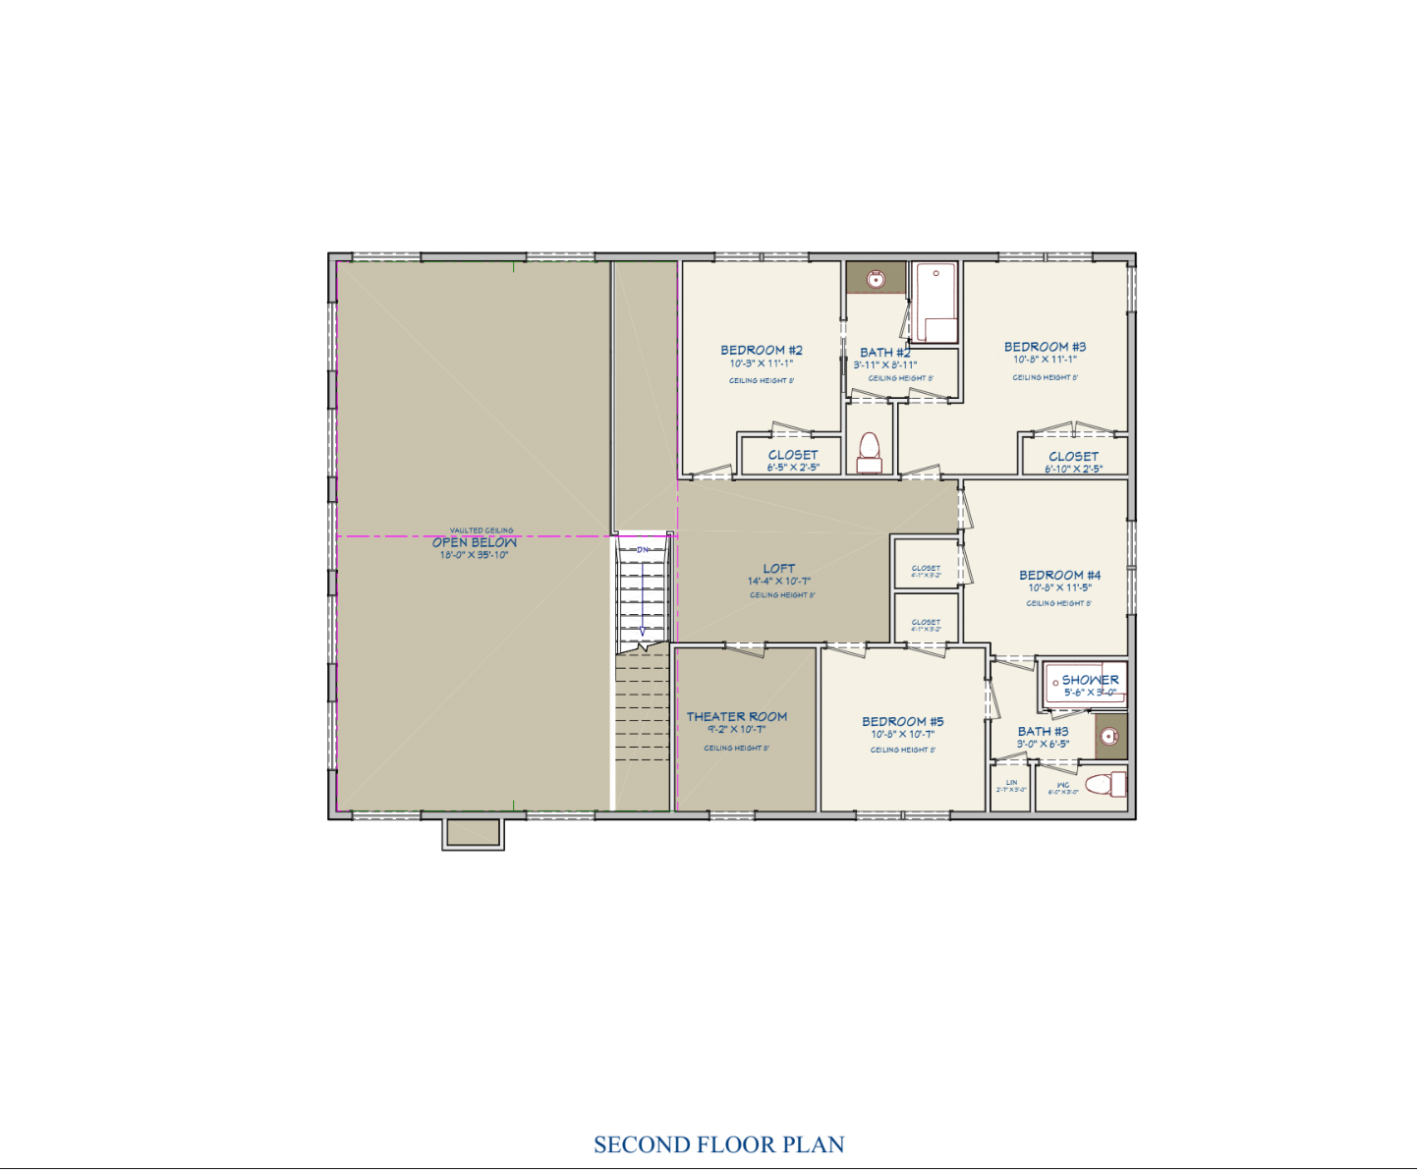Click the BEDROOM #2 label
pyautogui.click(x=762, y=351)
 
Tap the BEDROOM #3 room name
pyautogui.click(x=1045, y=347)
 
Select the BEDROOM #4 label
pyautogui.click(x=1059, y=575)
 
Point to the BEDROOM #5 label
pyautogui.click(x=902, y=721)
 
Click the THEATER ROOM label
pyautogui.click(x=736, y=717)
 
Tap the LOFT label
pyautogui.click(x=779, y=569)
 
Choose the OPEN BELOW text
pyautogui.click(x=474, y=542)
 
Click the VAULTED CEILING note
pyautogui.click(x=482, y=530)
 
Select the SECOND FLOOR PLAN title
pyautogui.click(x=718, y=1144)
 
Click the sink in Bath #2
pyautogui.click(x=875, y=279)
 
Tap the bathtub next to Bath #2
pyautogui.click(x=935, y=302)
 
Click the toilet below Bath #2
pyautogui.click(x=869, y=451)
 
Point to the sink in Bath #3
pyautogui.click(x=1109, y=737)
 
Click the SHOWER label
pyautogui.click(x=1090, y=680)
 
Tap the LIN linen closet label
pyautogui.click(x=1011, y=783)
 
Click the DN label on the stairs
pyautogui.click(x=643, y=550)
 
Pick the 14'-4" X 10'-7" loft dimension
pyautogui.click(x=779, y=582)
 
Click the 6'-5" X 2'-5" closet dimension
pyautogui.click(x=793, y=468)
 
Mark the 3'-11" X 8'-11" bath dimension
pyautogui.click(x=884, y=365)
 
